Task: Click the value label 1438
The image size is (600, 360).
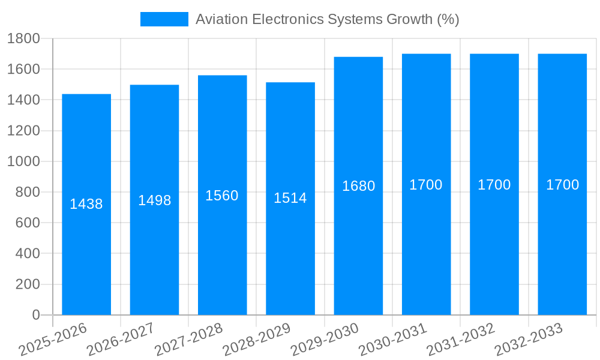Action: point(86,204)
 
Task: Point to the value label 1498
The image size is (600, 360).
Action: point(155,200)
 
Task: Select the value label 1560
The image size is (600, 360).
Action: point(222,196)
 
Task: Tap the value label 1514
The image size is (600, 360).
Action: point(290,198)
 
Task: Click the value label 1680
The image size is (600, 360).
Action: point(358,186)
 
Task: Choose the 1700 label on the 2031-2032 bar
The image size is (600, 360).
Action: point(494,185)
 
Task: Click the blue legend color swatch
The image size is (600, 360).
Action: point(164,19)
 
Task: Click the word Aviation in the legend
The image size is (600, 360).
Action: point(221,19)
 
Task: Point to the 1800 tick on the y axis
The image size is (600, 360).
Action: point(23,38)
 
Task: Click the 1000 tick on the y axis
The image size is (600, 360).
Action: point(23,161)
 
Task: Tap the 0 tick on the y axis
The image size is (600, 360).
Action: point(35,315)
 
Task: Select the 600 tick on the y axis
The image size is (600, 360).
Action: point(27,223)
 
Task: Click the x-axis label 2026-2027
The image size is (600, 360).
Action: point(121,340)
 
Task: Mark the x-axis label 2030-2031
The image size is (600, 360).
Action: point(392,340)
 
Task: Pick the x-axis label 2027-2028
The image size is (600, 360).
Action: point(188,340)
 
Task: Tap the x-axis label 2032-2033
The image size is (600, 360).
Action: point(529,340)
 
